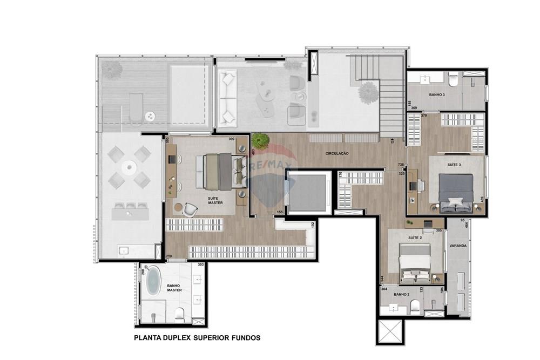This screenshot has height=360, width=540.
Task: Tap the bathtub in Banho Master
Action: [154, 282]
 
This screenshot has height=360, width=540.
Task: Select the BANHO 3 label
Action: [437, 94]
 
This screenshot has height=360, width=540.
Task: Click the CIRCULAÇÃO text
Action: [337, 153]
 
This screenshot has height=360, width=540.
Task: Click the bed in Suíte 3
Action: [455, 192]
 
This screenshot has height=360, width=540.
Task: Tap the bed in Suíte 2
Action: [415, 262]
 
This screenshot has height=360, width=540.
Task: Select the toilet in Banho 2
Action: [415, 307]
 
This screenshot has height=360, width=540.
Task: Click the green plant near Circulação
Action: [261, 141]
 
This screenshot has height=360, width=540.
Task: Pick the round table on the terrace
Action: [129, 168]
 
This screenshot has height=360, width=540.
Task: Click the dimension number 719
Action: [169, 256]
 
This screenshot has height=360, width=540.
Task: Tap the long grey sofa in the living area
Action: [227, 97]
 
